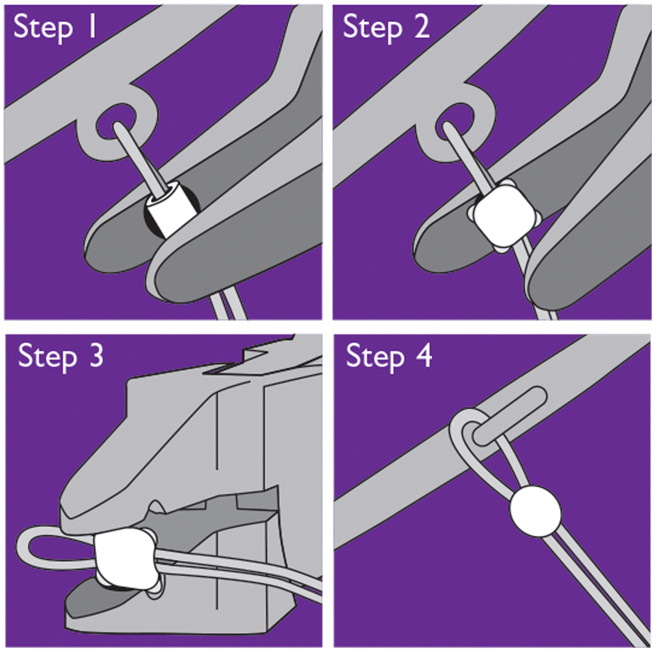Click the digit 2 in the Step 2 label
421,27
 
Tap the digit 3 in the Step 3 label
95,356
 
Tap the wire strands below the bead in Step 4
596,583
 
